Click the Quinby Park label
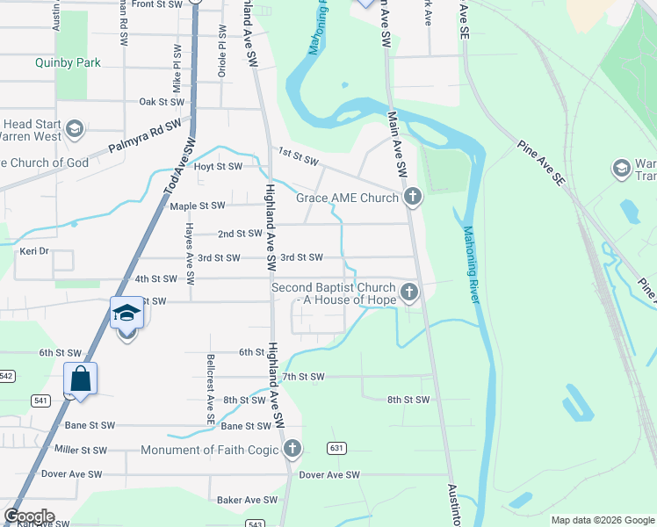(68, 63)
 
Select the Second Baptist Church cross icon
(408, 292)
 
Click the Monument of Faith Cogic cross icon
(292, 450)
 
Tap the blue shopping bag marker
(81, 379)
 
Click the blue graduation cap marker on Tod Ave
(126, 314)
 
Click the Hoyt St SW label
(217, 166)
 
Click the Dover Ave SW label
(329, 475)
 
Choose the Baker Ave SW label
(241, 500)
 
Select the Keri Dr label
(32, 251)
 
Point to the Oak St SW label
(160, 102)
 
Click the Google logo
(29, 516)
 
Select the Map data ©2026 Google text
(602, 520)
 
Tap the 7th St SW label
(303, 377)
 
